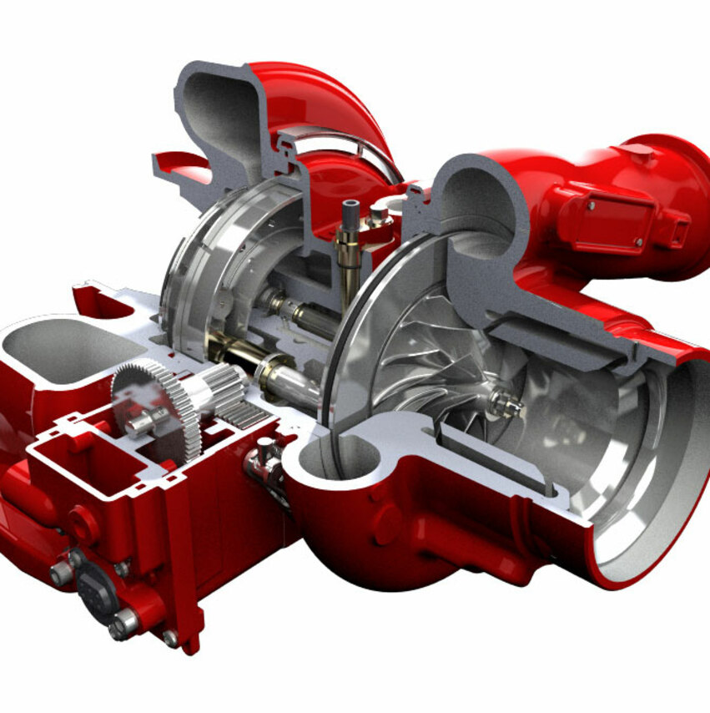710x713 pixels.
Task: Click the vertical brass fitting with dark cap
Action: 349,242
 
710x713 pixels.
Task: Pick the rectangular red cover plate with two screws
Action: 602,221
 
